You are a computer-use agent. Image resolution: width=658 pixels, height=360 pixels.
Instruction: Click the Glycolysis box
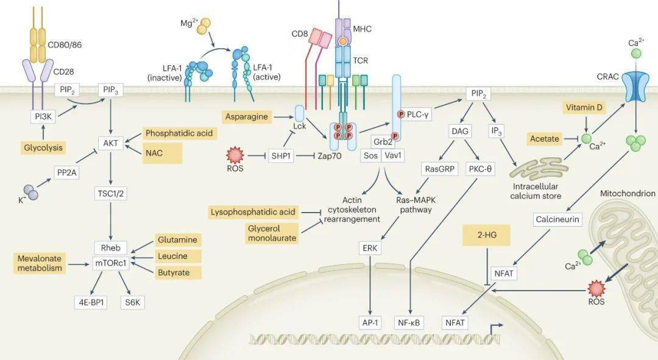(43, 148)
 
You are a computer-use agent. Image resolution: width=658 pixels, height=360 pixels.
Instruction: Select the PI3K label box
(42, 116)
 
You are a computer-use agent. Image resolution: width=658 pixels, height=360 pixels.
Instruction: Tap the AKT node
(111, 144)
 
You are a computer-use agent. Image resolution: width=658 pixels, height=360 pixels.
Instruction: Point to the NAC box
(162, 154)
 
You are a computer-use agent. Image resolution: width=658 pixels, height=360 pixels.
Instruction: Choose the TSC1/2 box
(111, 194)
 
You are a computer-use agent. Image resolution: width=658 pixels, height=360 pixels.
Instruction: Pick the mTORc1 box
(110, 265)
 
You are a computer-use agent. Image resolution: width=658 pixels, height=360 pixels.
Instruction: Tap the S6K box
(132, 302)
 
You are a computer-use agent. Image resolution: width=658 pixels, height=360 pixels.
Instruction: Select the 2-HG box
(486, 235)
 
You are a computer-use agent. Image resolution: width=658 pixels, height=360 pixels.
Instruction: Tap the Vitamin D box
(587, 108)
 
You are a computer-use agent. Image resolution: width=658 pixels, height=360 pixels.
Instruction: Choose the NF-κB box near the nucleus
(410, 322)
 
